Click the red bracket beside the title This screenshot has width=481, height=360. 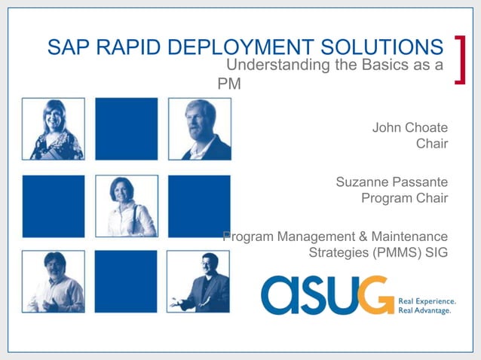[460, 58]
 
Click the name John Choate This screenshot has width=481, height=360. [409, 127]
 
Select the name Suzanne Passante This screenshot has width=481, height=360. [391, 182]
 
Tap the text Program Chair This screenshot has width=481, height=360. [404, 199]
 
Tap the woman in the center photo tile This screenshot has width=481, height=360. [126, 207]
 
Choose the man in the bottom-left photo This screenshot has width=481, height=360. [54, 283]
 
